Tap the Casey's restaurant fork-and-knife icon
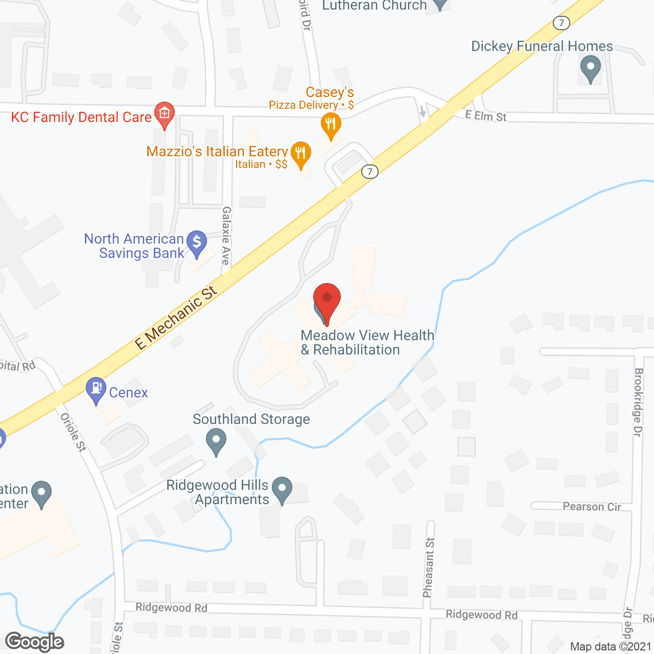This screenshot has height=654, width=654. (x=331, y=124)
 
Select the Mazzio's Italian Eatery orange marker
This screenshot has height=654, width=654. (x=301, y=153)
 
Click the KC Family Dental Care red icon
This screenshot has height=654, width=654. (x=165, y=113)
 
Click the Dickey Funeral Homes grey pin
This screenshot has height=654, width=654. (x=591, y=67)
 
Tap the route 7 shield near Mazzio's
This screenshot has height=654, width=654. (x=370, y=171)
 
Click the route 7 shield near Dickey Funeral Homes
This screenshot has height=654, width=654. (x=562, y=23)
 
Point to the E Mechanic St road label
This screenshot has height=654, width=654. (x=176, y=318)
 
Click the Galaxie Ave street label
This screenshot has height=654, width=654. (x=226, y=236)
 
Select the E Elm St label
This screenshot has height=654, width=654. (x=486, y=116)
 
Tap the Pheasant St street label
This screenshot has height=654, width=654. (x=429, y=567)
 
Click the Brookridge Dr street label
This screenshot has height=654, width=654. (x=638, y=402)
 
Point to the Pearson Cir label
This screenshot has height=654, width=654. (x=592, y=506)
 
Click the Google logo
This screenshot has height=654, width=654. (x=35, y=642)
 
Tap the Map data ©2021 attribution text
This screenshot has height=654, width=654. (x=611, y=646)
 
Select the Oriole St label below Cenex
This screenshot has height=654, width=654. (x=74, y=432)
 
